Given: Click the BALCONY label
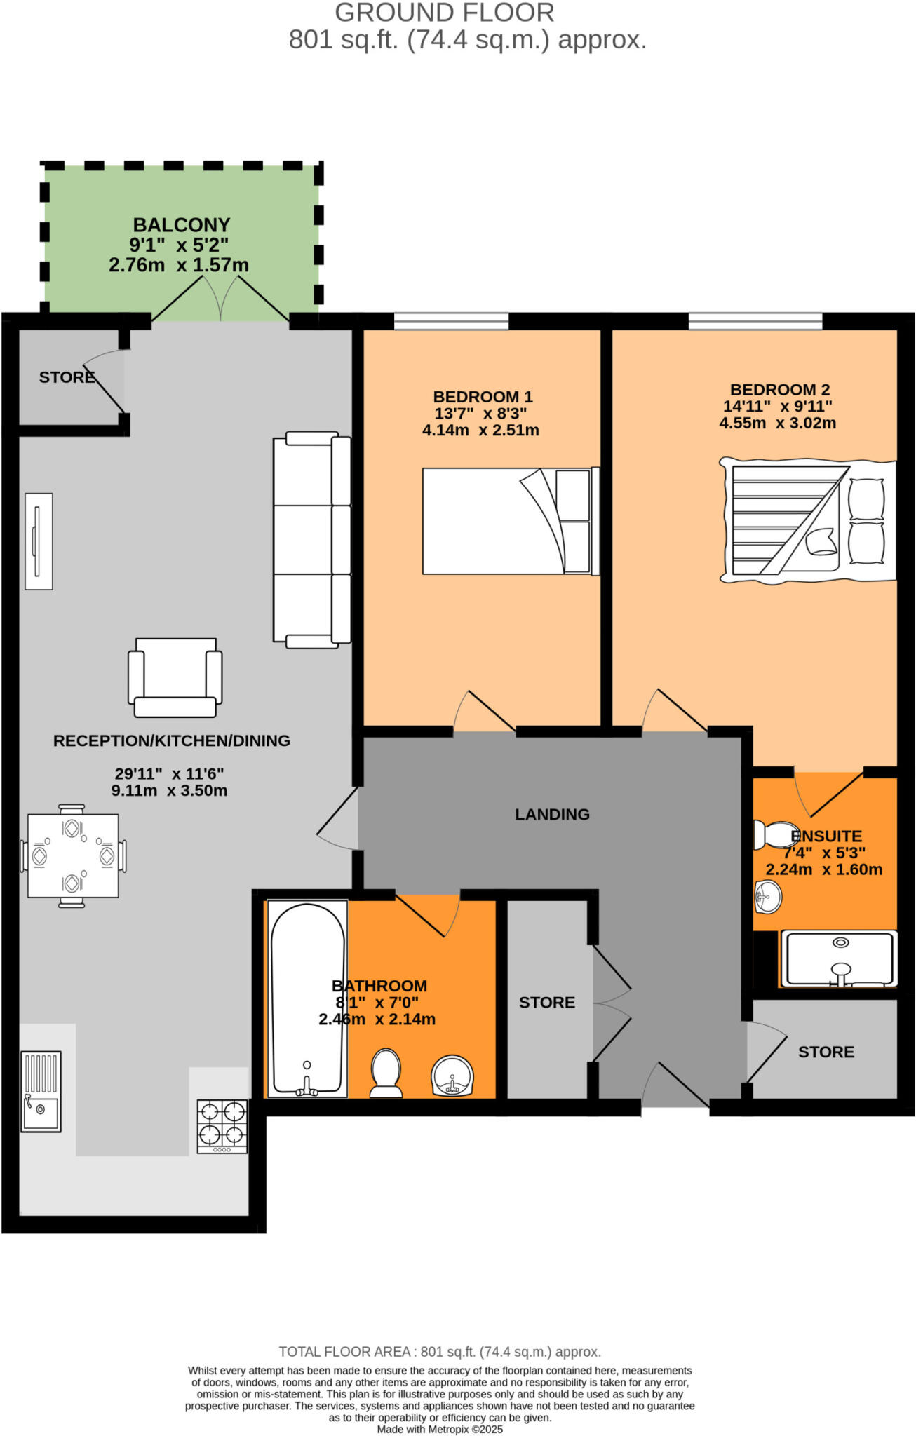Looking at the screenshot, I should click(x=182, y=225).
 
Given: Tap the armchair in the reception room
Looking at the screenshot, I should click(x=175, y=678).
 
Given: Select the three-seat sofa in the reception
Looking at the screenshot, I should click(x=312, y=539).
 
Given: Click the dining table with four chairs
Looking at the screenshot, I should click(x=73, y=856).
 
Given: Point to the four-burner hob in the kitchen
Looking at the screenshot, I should click(x=222, y=1125).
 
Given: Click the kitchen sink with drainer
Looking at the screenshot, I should click(x=41, y=1091).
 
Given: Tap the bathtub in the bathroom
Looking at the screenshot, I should click(x=307, y=999).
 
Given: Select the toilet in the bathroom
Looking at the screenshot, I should click(x=385, y=1072).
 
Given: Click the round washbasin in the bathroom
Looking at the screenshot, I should click(x=452, y=1075).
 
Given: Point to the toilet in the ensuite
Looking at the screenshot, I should click(x=775, y=835).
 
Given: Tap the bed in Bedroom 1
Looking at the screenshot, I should click(x=510, y=521).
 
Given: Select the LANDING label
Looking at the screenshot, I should click(x=552, y=814).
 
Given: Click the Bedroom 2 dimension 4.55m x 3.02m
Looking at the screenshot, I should click(x=777, y=423).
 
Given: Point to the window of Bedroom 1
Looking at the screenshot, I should click(x=451, y=321).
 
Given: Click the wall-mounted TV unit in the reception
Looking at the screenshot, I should click(x=39, y=541).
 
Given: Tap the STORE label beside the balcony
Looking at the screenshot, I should click(x=67, y=377).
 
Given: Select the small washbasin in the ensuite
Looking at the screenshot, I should click(x=768, y=897).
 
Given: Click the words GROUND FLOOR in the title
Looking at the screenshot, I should click(x=445, y=13).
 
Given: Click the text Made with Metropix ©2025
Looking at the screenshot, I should click(x=440, y=1429).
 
